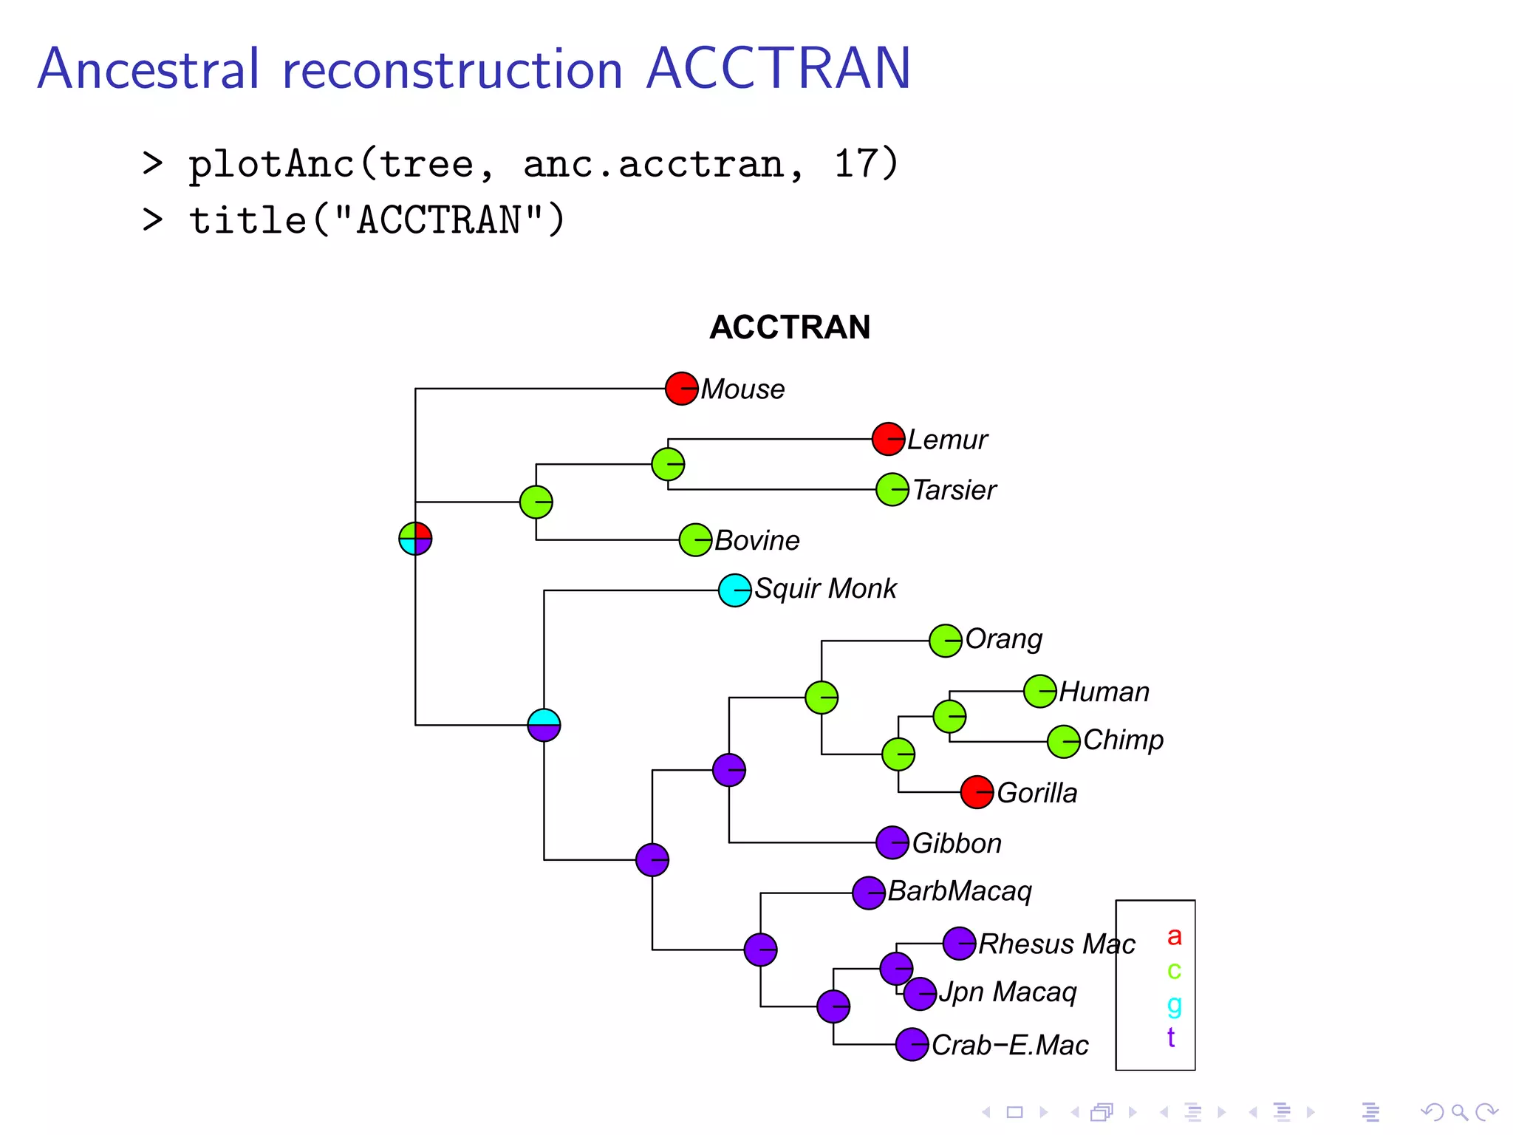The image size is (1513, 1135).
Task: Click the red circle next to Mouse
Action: point(681,389)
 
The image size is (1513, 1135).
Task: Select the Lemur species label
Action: point(947,440)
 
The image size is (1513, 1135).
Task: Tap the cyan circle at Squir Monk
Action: point(734,590)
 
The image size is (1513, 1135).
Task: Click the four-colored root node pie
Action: point(415,539)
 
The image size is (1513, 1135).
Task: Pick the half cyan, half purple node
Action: point(544,725)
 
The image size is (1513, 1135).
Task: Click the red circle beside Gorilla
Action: point(977,792)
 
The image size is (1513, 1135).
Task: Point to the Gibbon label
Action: point(957,843)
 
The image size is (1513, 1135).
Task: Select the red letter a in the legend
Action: point(1174,937)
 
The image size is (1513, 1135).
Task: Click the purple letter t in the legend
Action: point(1171,1037)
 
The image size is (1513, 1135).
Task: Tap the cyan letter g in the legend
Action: point(1174,1004)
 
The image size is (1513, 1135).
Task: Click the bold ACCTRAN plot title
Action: point(790,327)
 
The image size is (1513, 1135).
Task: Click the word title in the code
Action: point(247,220)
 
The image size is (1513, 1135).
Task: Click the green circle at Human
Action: point(1039,692)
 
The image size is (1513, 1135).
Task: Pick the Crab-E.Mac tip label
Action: point(1010,1045)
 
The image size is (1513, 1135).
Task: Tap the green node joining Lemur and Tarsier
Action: point(668,464)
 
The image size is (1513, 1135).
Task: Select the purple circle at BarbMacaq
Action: point(869,893)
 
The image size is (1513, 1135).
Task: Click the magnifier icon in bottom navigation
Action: point(1459,1112)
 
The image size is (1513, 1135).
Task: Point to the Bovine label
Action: point(756,540)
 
